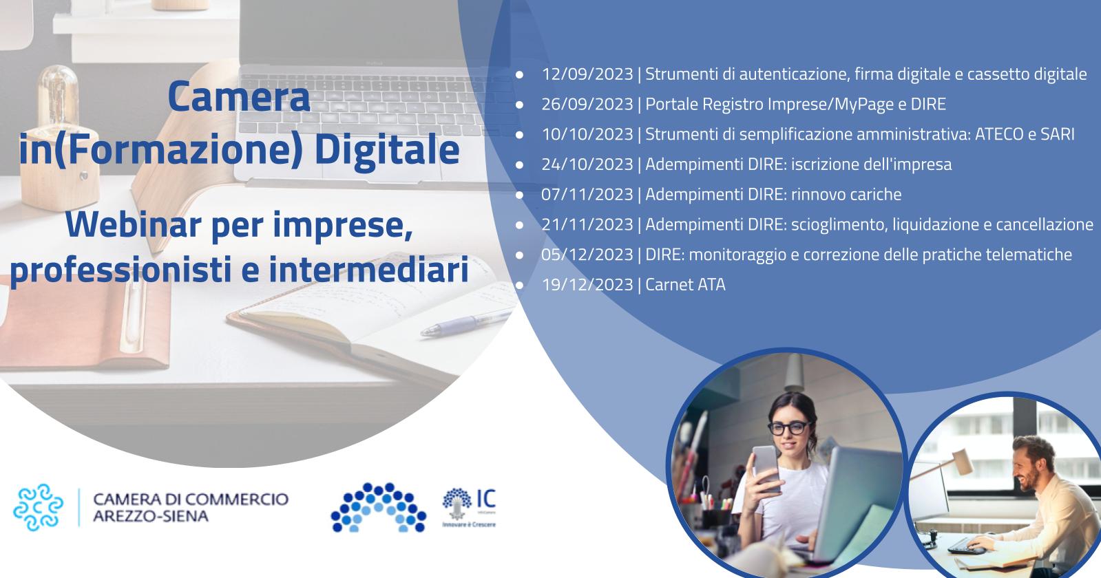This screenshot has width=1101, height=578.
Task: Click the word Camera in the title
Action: coord(239,97)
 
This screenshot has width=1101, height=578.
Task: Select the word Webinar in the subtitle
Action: coord(134,224)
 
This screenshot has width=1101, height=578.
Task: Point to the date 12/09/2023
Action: coord(587,74)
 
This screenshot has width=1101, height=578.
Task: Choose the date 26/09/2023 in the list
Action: coord(587,104)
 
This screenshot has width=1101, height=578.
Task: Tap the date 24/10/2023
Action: coord(587,164)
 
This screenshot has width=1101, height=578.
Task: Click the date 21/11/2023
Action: coord(587,224)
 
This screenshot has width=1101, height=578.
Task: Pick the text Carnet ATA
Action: coord(685,285)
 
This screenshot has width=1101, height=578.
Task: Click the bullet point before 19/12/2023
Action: coord(520,286)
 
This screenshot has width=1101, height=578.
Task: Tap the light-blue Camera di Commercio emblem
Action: coord(39,507)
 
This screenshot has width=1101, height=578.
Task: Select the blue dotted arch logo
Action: coord(379,507)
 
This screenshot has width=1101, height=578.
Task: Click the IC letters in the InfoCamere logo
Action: coord(486,498)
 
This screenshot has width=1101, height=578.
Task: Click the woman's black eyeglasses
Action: coord(788,428)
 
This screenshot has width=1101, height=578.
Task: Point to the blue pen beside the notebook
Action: coord(465,323)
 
